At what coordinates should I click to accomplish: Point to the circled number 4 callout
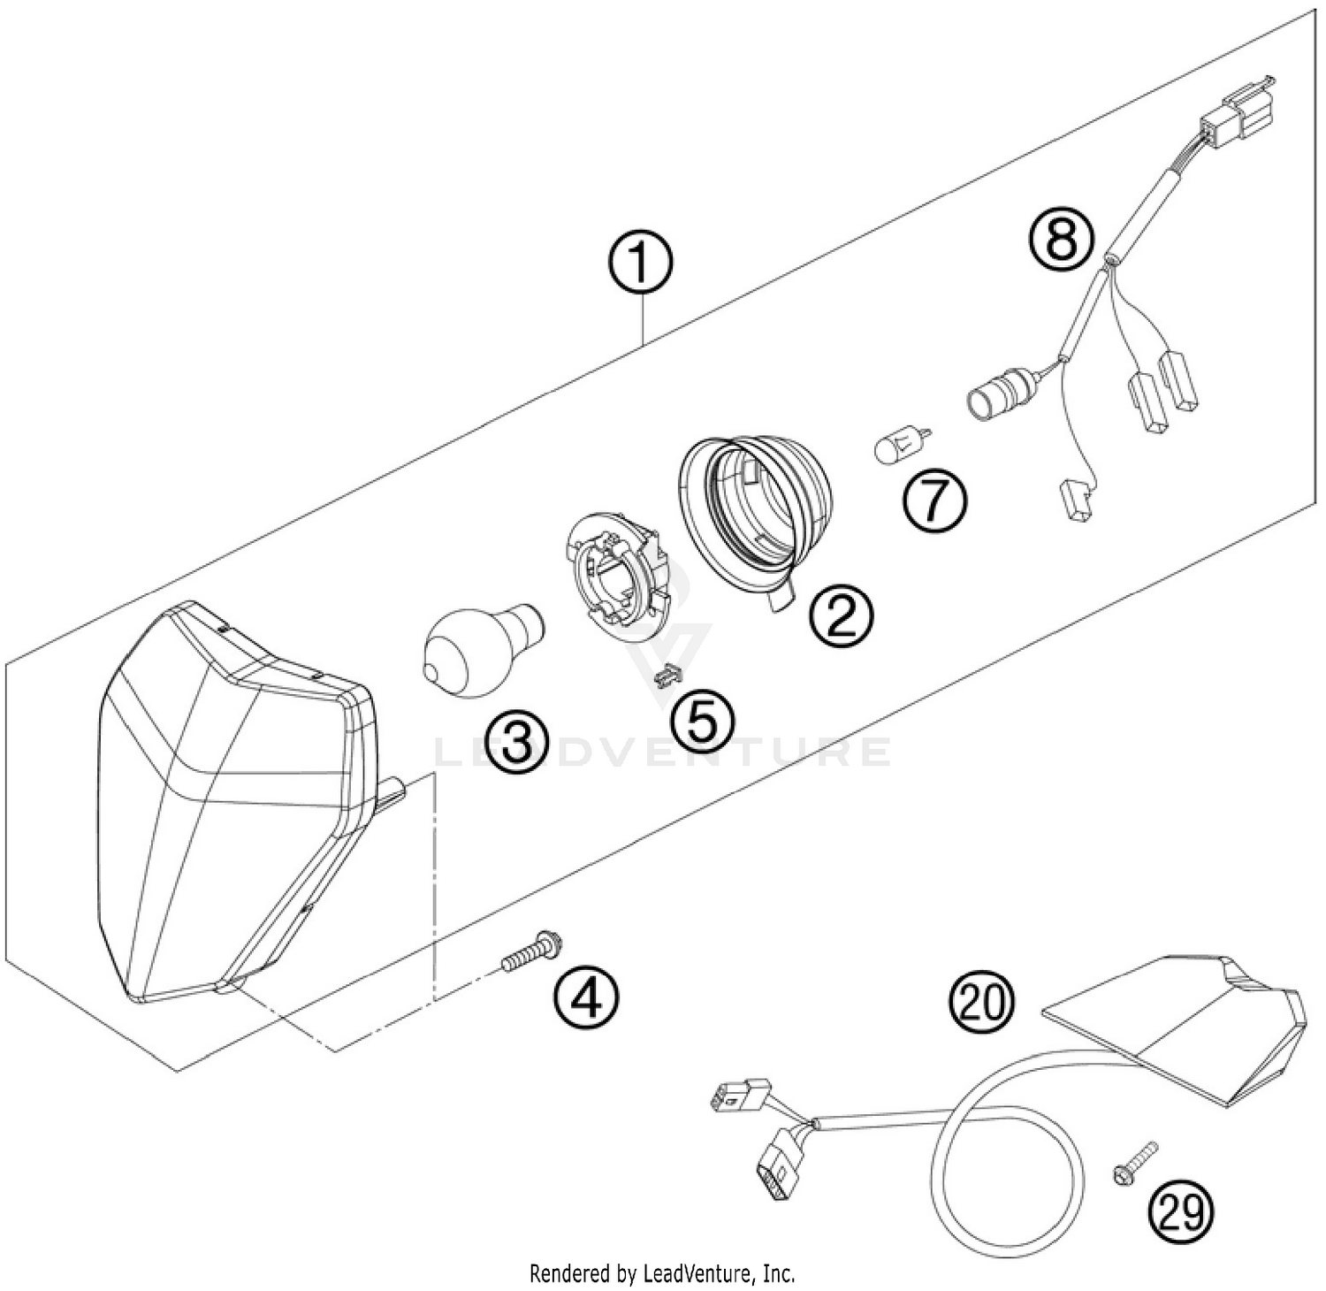pyautogui.click(x=586, y=998)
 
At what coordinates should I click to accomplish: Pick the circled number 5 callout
pyautogui.click(x=701, y=721)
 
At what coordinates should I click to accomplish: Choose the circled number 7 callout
pyautogui.click(x=934, y=501)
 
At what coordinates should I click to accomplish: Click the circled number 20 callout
pyautogui.click(x=982, y=1003)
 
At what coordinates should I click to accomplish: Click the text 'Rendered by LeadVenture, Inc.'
pyautogui.click(x=662, y=1273)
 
